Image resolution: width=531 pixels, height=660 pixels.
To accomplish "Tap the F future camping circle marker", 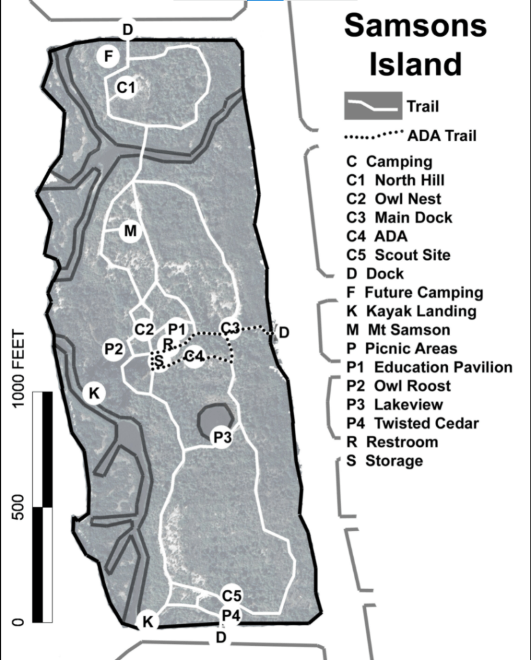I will click(108, 57).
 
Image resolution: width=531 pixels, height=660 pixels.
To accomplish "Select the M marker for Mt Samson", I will click(130, 231).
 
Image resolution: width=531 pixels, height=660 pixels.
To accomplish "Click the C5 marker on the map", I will click(231, 595).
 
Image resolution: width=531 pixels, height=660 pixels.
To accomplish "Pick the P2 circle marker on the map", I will click(114, 349).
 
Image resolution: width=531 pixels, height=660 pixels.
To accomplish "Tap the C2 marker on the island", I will click(144, 329).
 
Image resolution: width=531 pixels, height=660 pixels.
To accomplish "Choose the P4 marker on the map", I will click(231, 616).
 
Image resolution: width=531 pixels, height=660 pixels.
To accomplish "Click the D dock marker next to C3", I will click(284, 333).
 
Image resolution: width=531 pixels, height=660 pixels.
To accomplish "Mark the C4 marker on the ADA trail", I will click(194, 356).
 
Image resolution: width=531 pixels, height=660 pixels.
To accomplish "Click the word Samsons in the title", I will click(415, 26).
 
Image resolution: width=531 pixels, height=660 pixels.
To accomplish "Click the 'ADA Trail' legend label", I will click(442, 135).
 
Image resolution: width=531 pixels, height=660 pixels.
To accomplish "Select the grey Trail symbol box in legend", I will click(372, 105).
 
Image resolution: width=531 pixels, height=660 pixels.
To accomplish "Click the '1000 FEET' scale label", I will click(17, 367).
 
